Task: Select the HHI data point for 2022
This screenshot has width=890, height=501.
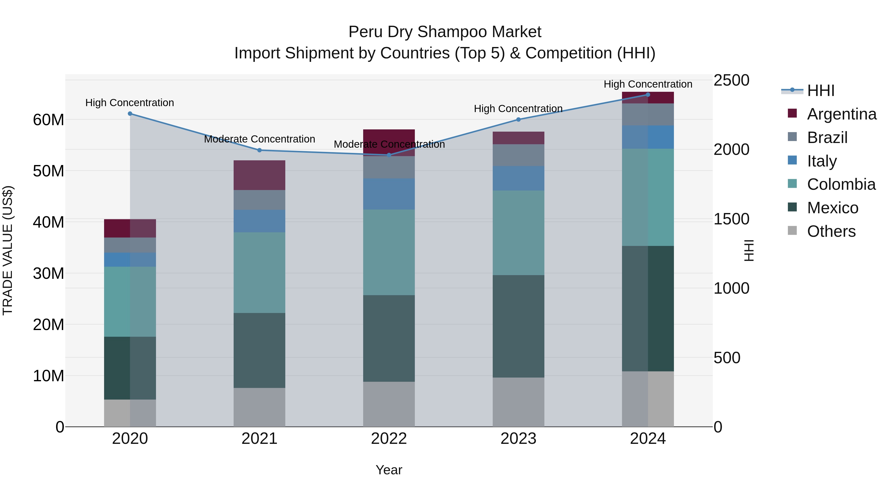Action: (x=389, y=155)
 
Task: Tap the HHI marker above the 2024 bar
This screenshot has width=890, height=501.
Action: (x=648, y=95)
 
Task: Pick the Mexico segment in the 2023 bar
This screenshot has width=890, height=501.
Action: (x=518, y=326)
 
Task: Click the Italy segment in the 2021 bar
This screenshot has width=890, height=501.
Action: (x=260, y=221)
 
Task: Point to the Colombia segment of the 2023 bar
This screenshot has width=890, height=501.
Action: (x=518, y=233)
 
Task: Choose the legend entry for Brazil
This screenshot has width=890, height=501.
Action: (x=827, y=138)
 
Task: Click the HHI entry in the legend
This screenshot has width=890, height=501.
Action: (x=821, y=91)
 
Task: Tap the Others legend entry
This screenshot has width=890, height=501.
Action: (x=831, y=231)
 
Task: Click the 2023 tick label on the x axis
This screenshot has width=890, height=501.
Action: (x=518, y=439)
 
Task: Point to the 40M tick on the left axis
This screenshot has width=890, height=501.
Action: (x=48, y=222)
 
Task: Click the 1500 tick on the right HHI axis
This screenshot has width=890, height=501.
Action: (x=731, y=219)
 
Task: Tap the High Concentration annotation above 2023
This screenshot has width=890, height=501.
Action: (x=518, y=109)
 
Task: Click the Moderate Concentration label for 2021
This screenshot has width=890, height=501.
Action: (x=260, y=139)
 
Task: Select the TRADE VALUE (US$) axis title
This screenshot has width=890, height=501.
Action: (x=8, y=250)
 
